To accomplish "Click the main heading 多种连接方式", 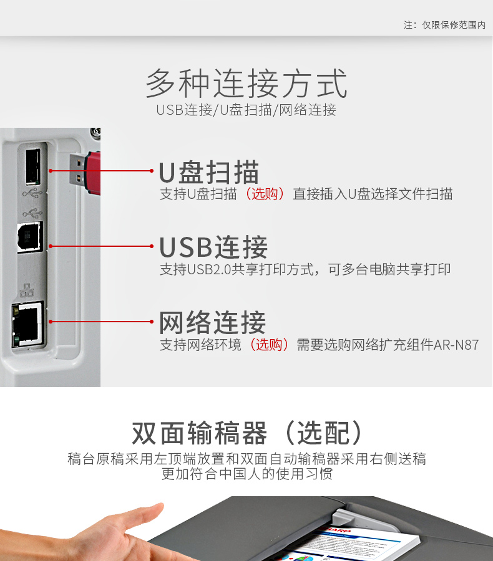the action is point(246,84).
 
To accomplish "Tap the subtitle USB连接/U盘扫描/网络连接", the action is point(246,110).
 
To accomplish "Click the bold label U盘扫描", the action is point(209,173).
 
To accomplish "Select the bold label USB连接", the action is point(213,247).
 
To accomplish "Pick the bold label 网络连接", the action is point(212,322).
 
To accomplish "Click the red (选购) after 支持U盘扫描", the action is point(265,194).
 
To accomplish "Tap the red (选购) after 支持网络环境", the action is point(269,345).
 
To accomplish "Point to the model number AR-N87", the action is point(456,345).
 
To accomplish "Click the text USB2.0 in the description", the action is point(209,269).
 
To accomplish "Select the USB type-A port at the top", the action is point(33,166).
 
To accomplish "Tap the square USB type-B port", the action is point(30,237).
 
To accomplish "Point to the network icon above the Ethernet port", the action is point(27,290).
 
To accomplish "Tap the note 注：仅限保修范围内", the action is point(444,25).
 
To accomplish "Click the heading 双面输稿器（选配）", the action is point(247,433).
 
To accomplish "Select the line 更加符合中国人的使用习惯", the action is point(247,474).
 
